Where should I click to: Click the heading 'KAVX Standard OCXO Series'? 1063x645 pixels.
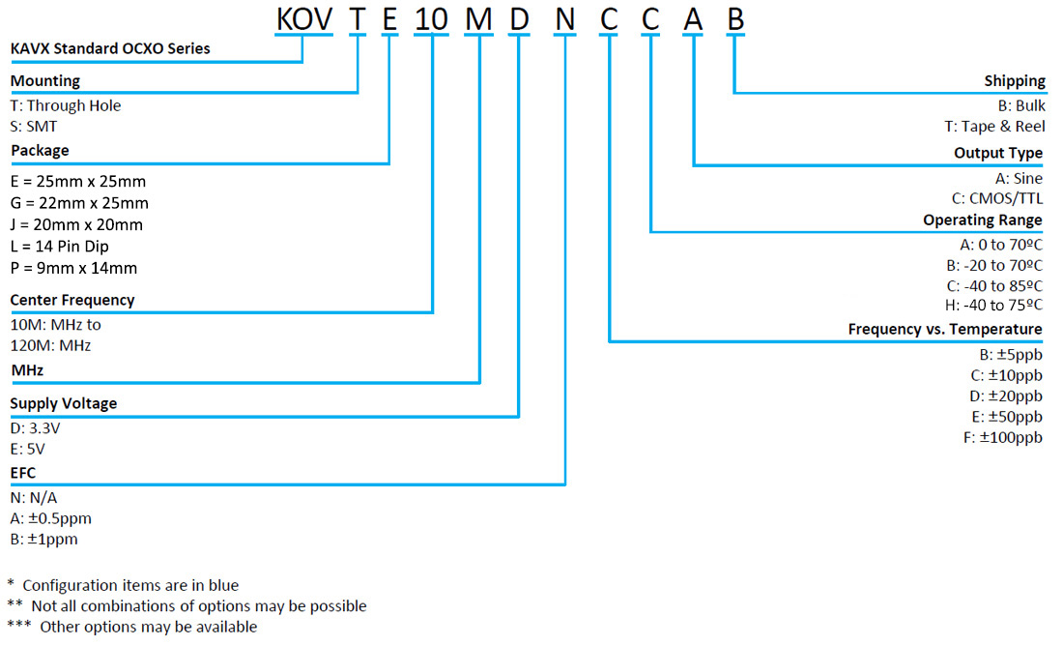click(110, 48)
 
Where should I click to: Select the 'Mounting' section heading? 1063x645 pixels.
click(45, 81)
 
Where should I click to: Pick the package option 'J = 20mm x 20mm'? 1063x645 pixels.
click(76, 224)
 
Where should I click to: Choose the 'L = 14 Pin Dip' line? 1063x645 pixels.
click(60, 247)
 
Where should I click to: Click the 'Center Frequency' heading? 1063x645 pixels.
click(72, 300)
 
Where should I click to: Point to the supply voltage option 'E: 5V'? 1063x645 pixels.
click(28, 449)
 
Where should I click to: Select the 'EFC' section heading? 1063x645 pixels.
click(23, 473)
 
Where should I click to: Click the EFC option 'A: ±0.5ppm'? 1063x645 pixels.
click(51, 518)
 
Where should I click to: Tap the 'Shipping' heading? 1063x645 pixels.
click(1015, 81)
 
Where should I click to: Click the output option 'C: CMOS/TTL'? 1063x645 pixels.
click(997, 198)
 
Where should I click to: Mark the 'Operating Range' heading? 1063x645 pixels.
click(983, 220)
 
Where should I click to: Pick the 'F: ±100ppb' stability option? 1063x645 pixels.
click(1003, 438)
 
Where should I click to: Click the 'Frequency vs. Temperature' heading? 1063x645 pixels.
click(945, 329)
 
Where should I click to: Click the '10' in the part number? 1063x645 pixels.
click(431, 18)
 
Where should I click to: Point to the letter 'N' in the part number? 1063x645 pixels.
click(565, 18)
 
